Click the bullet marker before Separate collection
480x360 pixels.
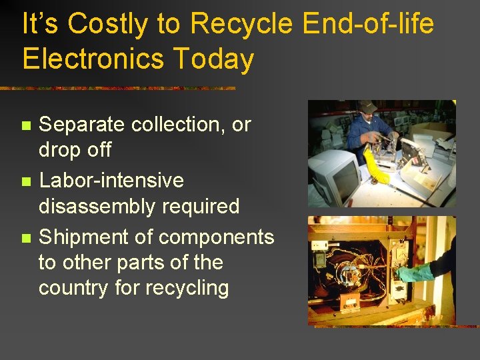26,125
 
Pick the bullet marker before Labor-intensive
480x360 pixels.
26,181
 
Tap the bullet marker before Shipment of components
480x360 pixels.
26,238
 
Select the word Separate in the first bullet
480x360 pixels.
81,124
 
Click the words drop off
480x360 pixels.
75,150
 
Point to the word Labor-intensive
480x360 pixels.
111,181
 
